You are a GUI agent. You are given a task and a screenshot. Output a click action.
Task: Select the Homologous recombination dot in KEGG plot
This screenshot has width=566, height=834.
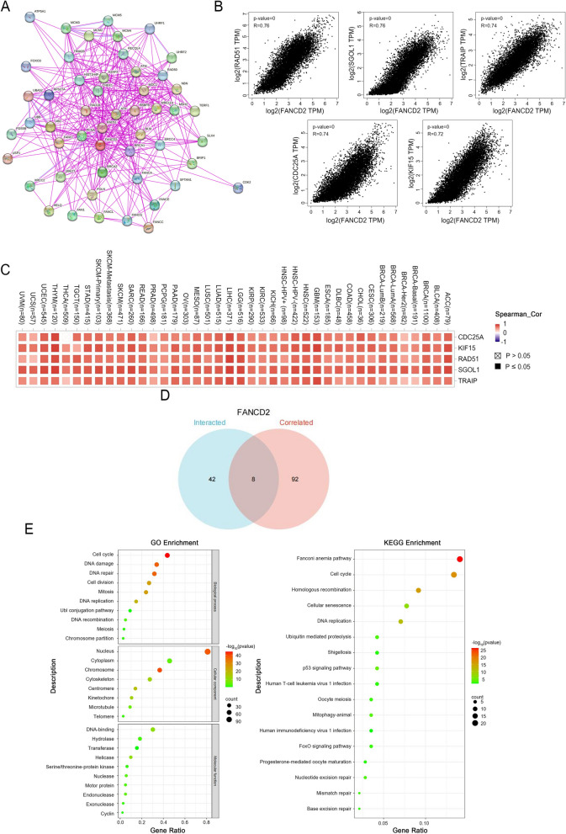(419, 591)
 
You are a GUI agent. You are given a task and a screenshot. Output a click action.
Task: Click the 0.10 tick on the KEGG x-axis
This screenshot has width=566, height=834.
(424, 821)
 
